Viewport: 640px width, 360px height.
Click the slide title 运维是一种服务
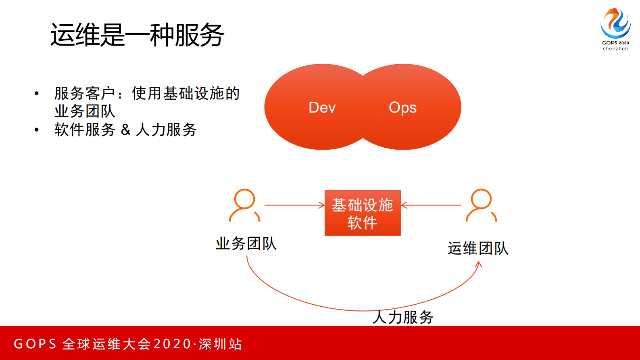pos(137,35)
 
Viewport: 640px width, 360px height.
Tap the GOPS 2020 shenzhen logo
pos(615,28)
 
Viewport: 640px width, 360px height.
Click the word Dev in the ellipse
pos(322,107)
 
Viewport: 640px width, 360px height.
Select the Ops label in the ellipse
pos(402,108)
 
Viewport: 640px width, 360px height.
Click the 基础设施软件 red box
pos(363,213)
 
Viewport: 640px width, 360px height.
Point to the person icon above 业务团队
pos(244,205)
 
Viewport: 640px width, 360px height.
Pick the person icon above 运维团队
pos(481,205)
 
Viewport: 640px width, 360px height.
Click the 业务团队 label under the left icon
pos(246,243)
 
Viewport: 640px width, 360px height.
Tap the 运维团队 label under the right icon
pos(478,248)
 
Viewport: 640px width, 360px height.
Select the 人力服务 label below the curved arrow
pos(402,317)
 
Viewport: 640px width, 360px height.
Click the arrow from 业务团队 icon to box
pos(294,205)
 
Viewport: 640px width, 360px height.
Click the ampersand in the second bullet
pos(125,130)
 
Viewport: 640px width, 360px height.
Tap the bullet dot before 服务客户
pos(37,94)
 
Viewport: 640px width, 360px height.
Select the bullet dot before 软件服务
pos(37,130)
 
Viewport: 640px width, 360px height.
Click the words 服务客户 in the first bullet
pos(85,93)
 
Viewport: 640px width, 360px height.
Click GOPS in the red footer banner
pos(35,344)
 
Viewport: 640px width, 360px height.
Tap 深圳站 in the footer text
pos(220,344)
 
